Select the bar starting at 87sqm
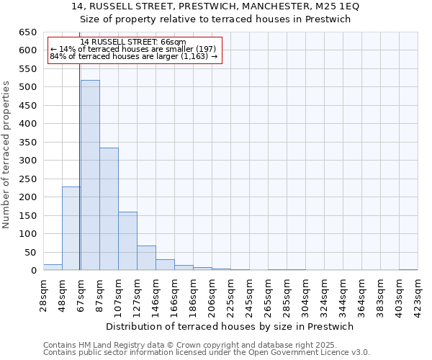pyautogui.click(x=109, y=209)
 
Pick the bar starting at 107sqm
pyautogui.click(x=127, y=241)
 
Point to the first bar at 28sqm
pyautogui.click(x=53, y=267)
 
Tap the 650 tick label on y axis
pyautogui.click(x=27, y=32)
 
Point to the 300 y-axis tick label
pyautogui.click(x=27, y=161)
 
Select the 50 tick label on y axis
pyautogui.click(x=30, y=252)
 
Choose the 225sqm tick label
pyautogui.click(x=230, y=294)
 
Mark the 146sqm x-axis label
pyautogui.click(x=156, y=294)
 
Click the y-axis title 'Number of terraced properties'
pyautogui.click(x=6, y=155)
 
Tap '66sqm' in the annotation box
pyautogui.click(x=174, y=42)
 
